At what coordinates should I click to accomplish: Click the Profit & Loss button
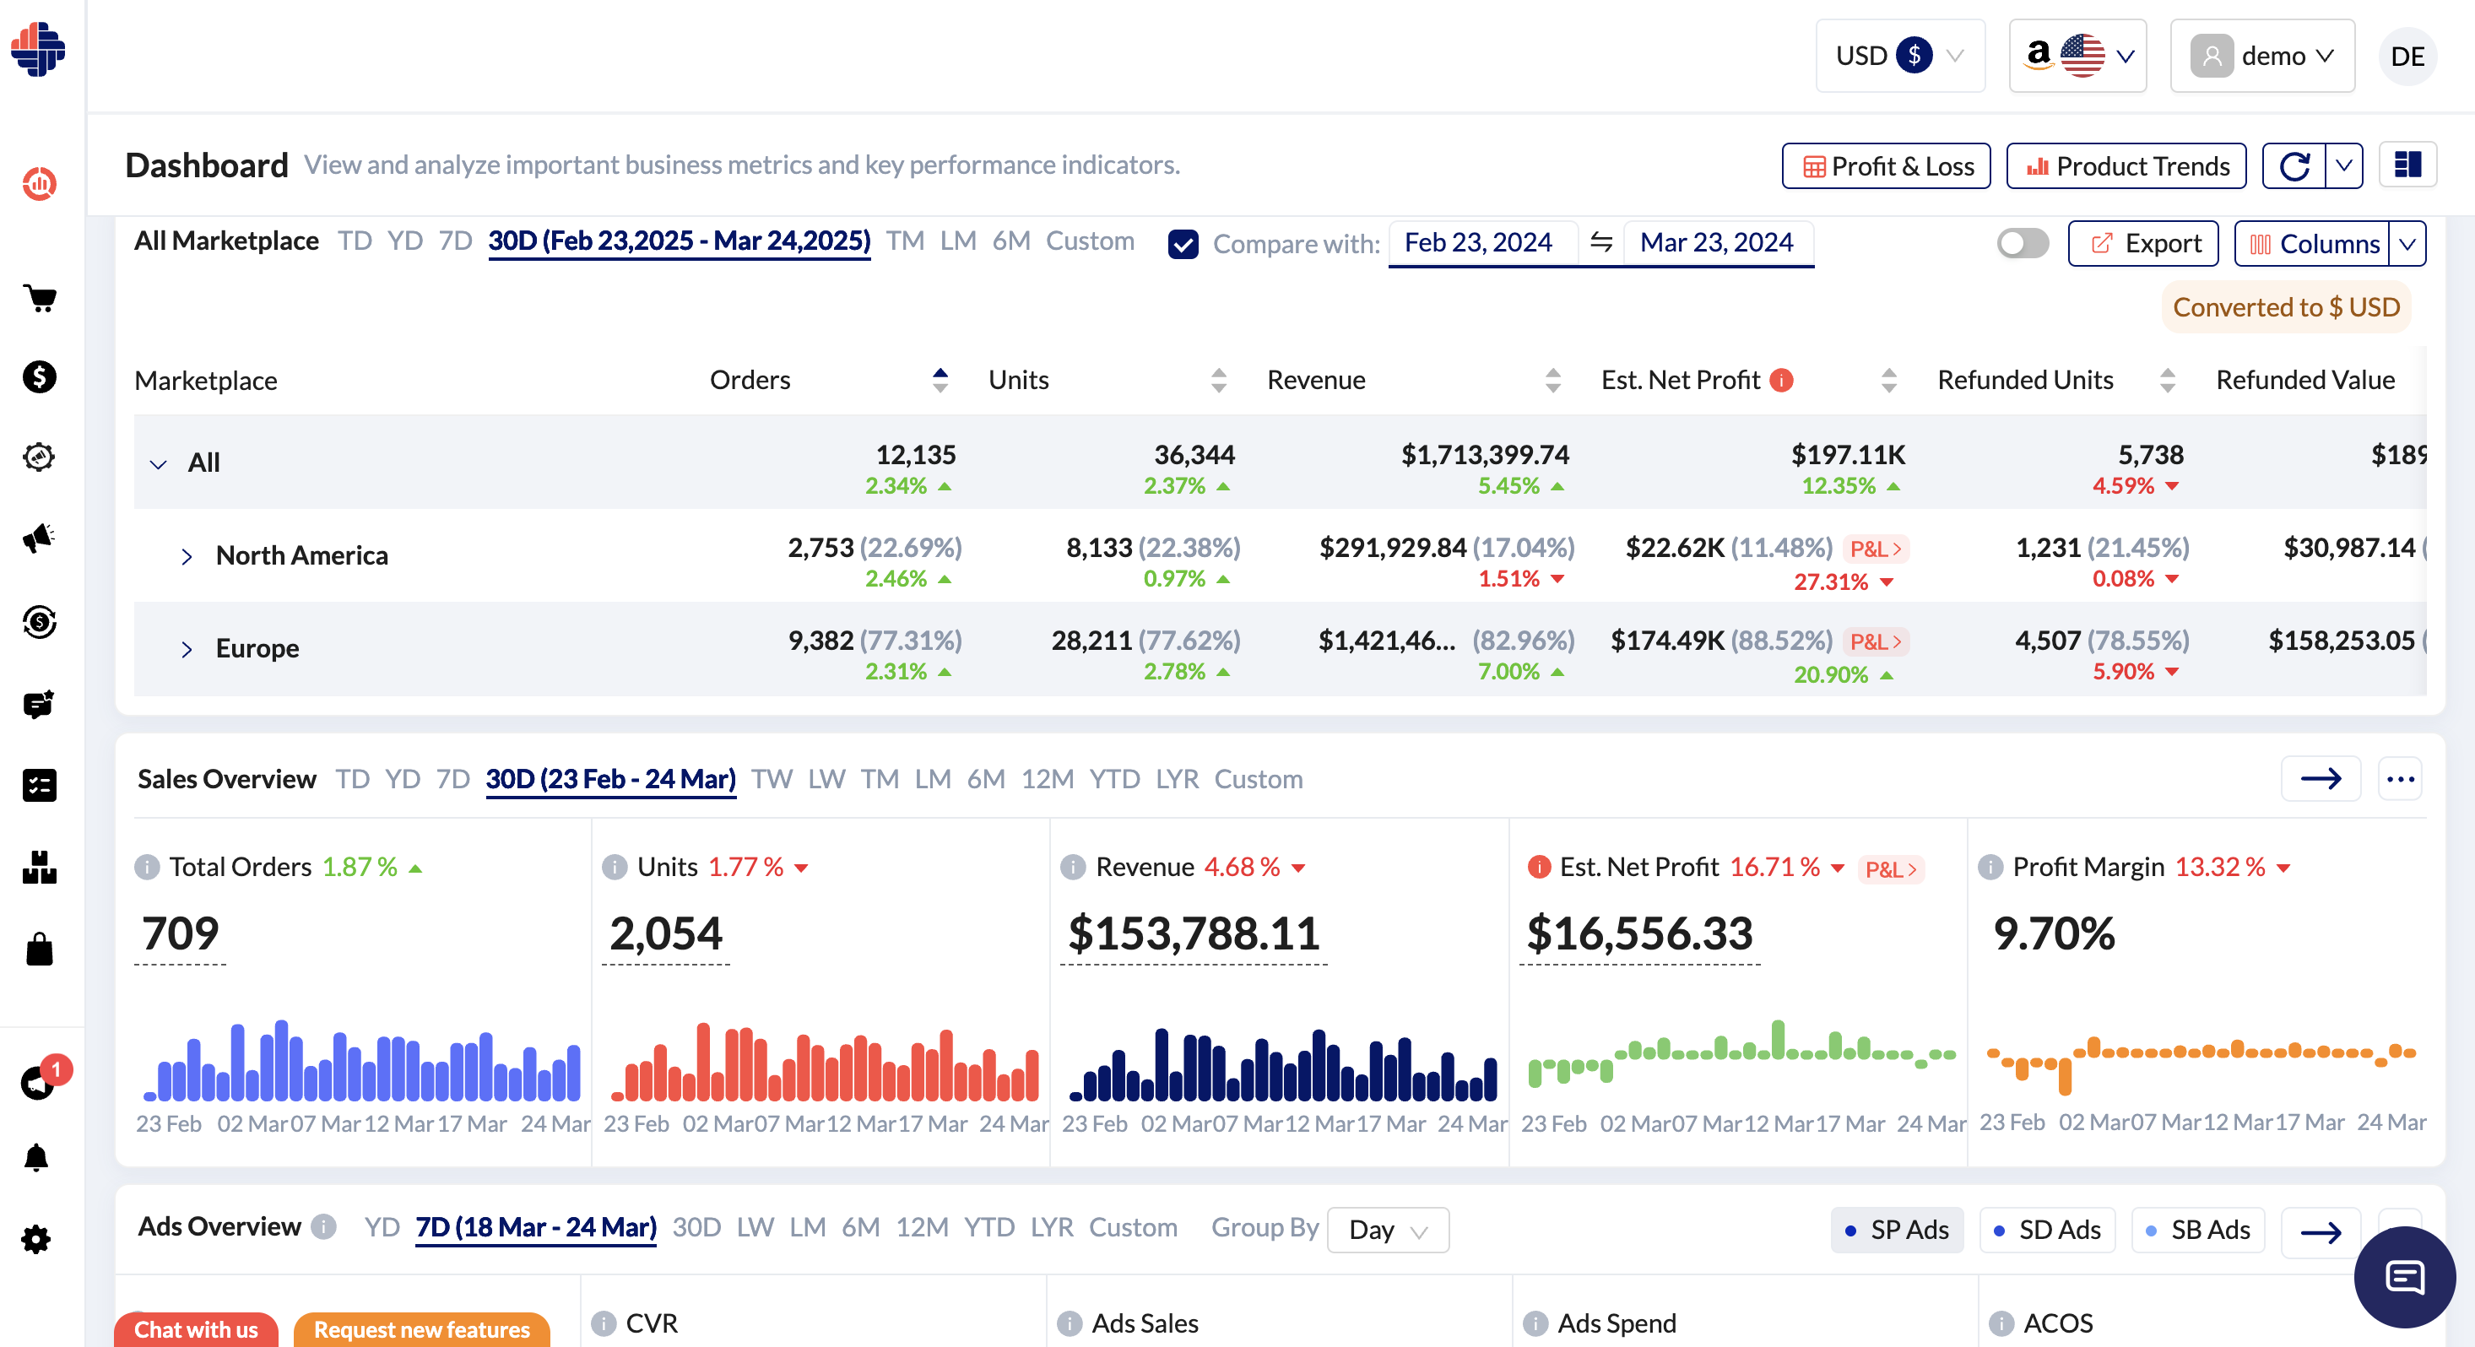[x=1885, y=166]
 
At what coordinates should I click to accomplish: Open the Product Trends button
[x=2126, y=166]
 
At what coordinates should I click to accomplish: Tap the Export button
[x=2142, y=243]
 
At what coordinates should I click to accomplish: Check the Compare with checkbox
[x=1183, y=244]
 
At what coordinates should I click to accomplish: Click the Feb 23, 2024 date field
[x=1478, y=242]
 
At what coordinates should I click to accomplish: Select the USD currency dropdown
[x=1898, y=56]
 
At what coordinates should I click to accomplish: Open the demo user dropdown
[x=2261, y=56]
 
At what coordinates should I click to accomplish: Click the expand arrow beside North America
[x=187, y=556]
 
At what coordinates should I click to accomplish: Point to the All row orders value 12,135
[x=915, y=454]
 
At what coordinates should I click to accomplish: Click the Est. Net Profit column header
[x=1681, y=381]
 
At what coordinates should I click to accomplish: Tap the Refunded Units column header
[x=2024, y=381]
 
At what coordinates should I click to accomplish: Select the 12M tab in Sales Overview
[x=1046, y=779]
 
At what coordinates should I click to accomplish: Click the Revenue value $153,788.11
[x=1194, y=933]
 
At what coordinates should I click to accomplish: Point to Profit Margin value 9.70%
[x=2053, y=933]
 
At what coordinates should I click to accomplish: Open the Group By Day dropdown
[x=1386, y=1230]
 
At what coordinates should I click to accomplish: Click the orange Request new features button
[x=421, y=1330]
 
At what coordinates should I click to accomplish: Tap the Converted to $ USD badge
[x=2286, y=307]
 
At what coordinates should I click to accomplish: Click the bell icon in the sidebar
[x=36, y=1158]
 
